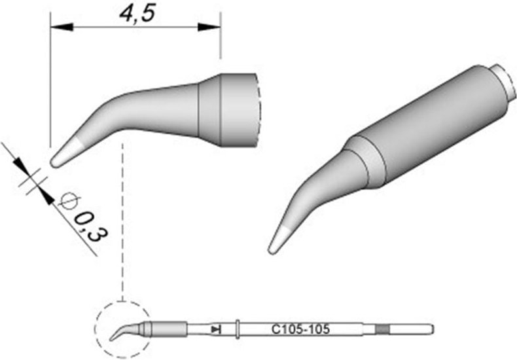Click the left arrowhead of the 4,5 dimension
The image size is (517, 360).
60,27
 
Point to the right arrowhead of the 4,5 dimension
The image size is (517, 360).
211,27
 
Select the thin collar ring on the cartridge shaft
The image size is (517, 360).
240,328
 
